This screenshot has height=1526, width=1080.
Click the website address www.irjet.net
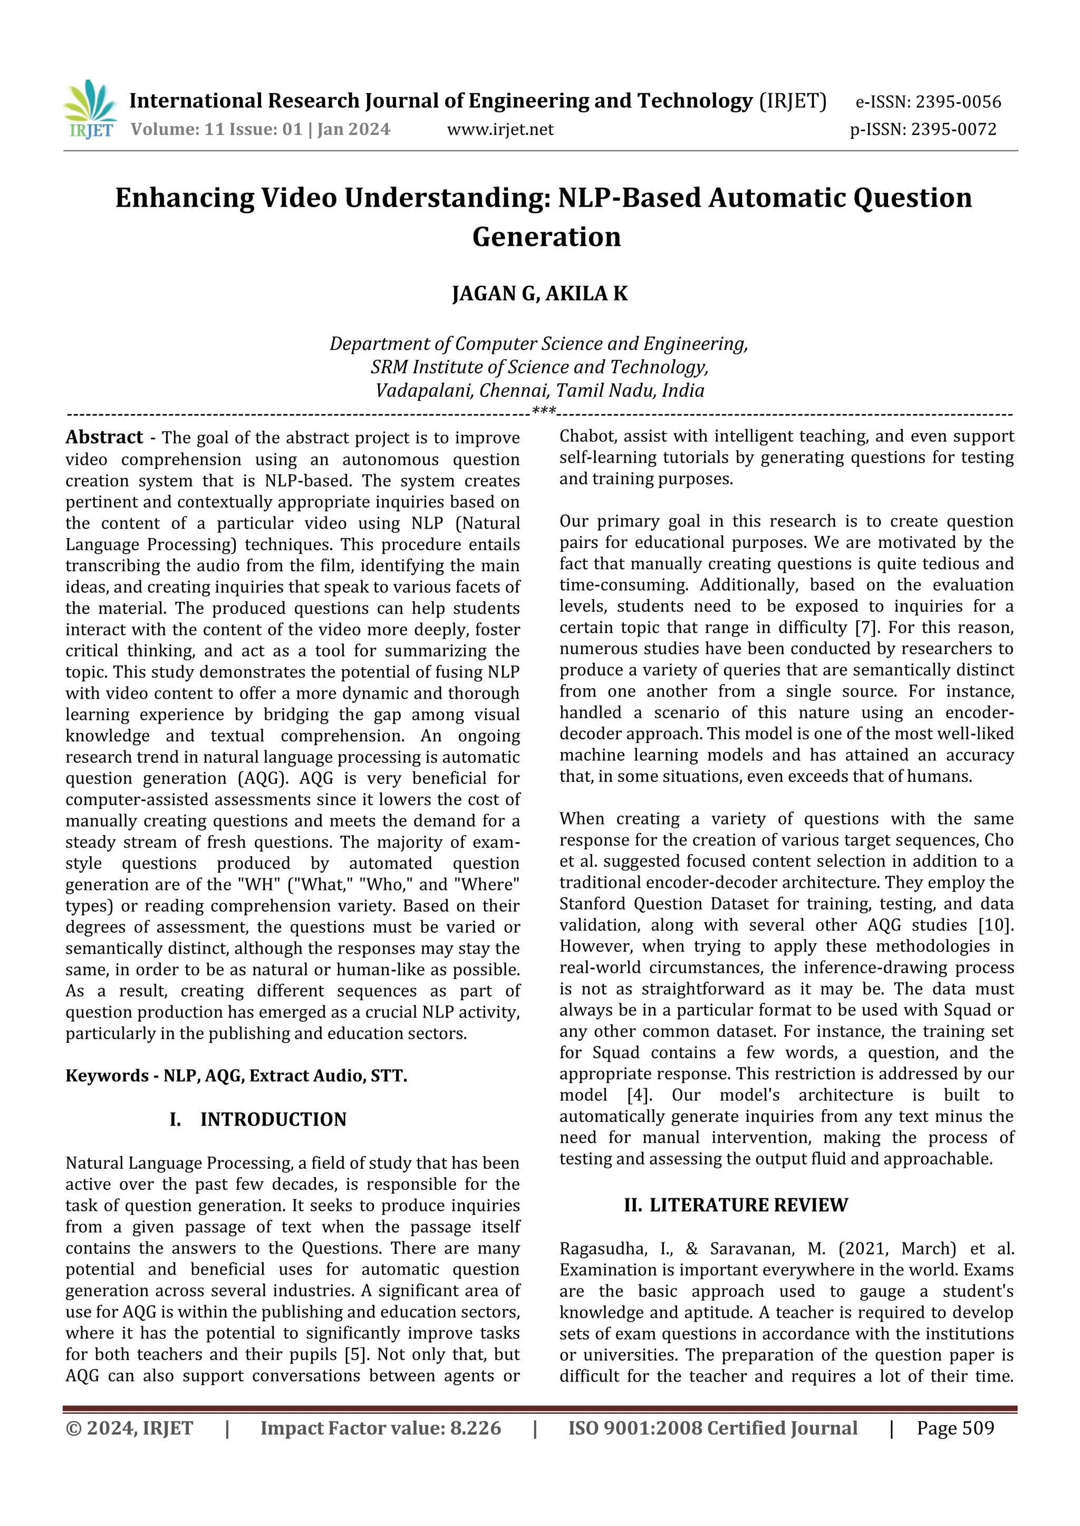(500, 130)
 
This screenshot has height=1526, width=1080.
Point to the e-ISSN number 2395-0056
(958, 102)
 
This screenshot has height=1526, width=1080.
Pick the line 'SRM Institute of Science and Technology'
(539, 367)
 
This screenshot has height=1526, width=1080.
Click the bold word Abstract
(104, 437)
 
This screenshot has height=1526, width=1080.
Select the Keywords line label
(107, 1075)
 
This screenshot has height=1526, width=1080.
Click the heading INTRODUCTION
(273, 1119)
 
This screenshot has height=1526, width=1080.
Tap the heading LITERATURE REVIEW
(748, 1205)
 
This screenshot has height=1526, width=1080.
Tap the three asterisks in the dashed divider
(544, 412)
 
